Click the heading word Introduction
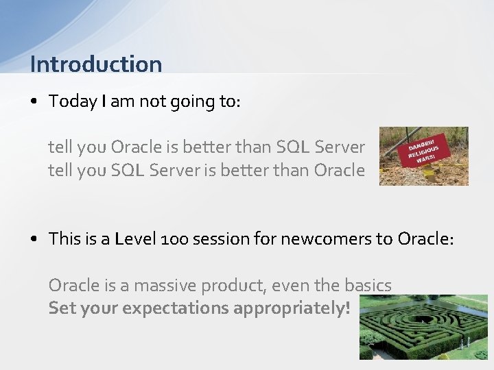(96, 64)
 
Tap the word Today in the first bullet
(73, 101)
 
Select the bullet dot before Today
(34, 102)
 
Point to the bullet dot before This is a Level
(34, 239)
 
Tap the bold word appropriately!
(292, 308)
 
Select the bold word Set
(62, 308)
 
